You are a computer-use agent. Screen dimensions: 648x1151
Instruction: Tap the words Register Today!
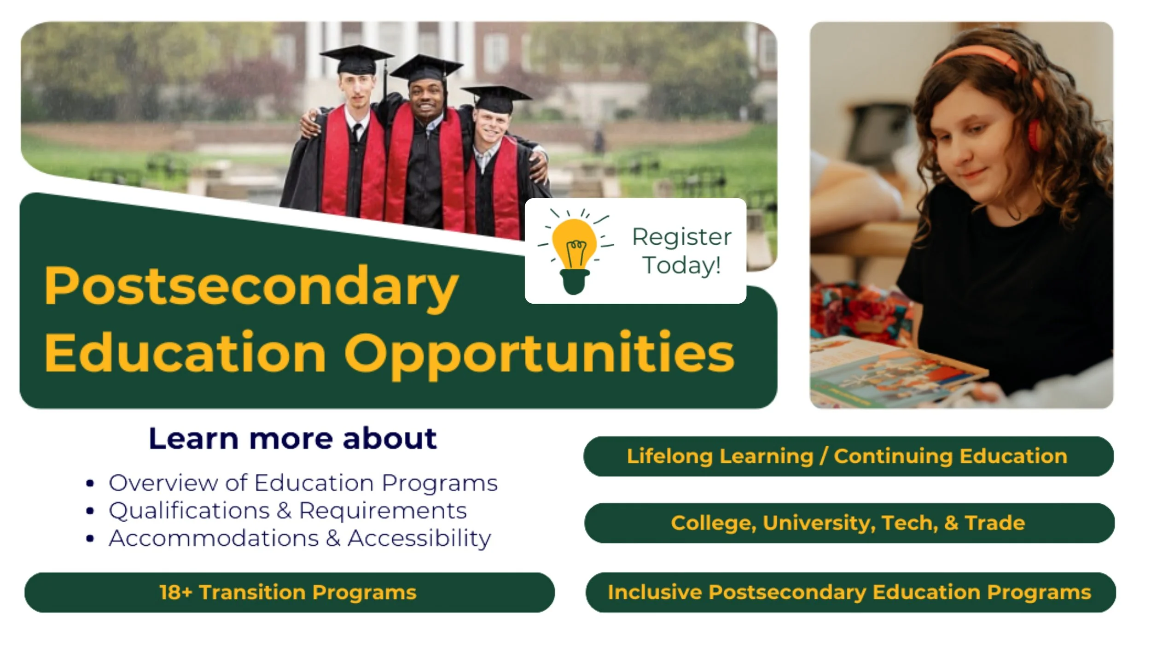point(682,251)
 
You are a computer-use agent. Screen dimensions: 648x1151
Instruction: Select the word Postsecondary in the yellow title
point(251,287)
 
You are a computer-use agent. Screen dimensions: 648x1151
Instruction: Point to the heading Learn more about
point(293,438)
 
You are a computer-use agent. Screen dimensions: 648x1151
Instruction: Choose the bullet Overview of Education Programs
point(303,483)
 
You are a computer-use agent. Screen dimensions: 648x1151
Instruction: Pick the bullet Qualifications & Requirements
point(288,511)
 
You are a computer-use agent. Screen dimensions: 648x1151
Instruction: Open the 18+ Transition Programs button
point(289,592)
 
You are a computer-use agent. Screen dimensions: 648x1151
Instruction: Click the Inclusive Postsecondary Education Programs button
point(850,592)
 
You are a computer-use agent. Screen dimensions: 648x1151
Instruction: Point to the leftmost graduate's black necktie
point(356,133)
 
